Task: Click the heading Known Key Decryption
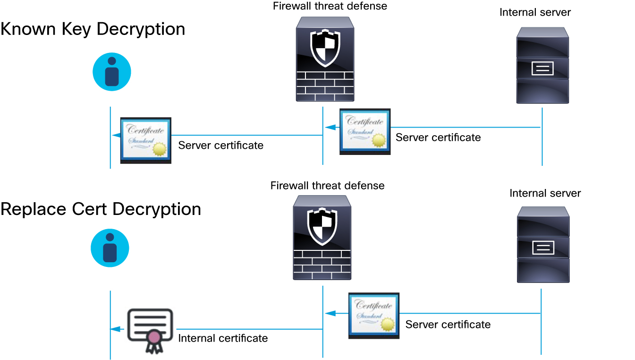coord(93,29)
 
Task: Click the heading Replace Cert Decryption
coord(101,209)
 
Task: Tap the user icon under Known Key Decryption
coord(111,72)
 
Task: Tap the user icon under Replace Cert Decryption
coord(110,248)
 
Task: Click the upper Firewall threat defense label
coord(330,6)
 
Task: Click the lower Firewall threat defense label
coord(327,186)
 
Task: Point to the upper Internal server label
coord(535,12)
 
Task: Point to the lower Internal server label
coord(545,193)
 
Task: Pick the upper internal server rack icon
coord(542,65)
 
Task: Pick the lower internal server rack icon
coord(543,244)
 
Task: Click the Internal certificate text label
coord(223,338)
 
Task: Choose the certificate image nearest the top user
coord(145,140)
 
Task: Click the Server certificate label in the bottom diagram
coord(448,325)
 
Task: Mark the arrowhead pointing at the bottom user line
coord(115,329)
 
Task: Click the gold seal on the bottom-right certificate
coord(388,324)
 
